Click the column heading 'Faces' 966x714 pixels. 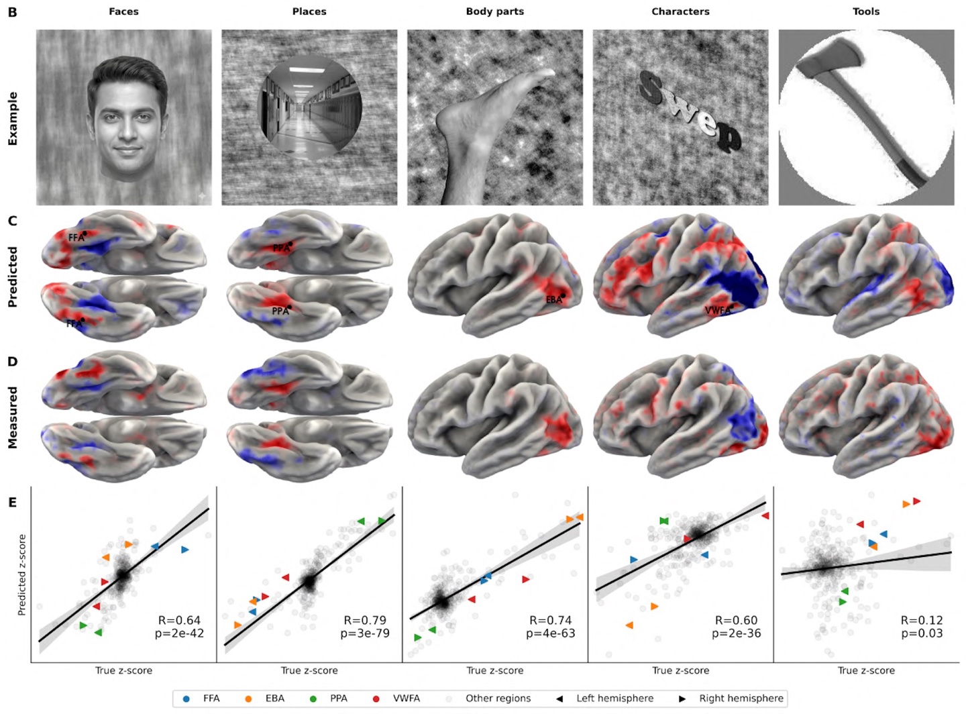point(123,11)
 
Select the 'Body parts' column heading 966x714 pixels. point(494,11)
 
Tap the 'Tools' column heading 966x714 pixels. point(865,11)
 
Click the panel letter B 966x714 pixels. point(12,12)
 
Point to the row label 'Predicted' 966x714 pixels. point(13,277)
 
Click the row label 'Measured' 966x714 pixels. point(13,417)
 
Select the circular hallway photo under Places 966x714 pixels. point(309,109)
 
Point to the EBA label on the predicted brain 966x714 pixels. point(553,300)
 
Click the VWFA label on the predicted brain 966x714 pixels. point(717,311)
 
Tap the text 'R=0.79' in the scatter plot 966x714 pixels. point(366,620)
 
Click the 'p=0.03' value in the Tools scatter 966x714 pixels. point(922,633)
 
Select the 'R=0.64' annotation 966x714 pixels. point(180,620)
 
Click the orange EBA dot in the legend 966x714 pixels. point(248,699)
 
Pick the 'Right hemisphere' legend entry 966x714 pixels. point(741,699)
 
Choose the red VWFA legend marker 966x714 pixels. point(376,699)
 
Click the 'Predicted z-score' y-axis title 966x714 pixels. point(22,574)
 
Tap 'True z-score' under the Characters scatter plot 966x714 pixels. point(680,670)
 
